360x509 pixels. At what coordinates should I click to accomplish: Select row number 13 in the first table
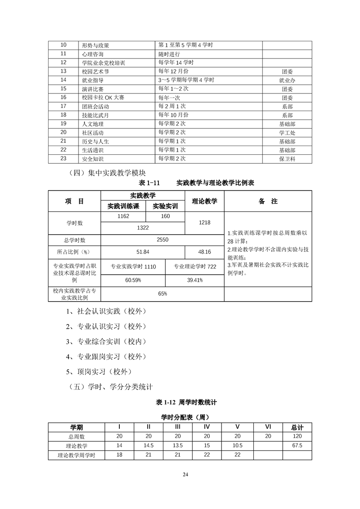point(64,71)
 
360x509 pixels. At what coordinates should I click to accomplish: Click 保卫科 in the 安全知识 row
point(287,159)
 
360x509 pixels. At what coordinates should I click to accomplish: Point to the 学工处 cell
point(287,132)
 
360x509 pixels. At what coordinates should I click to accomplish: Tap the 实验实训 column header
point(165,206)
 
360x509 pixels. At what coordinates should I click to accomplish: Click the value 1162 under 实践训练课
point(123,216)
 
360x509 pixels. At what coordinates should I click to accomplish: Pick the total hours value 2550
point(162,240)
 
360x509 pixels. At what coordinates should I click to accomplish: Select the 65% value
point(162,294)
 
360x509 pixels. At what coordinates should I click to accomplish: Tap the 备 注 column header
point(268,201)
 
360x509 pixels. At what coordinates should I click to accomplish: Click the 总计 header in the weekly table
point(297,427)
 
